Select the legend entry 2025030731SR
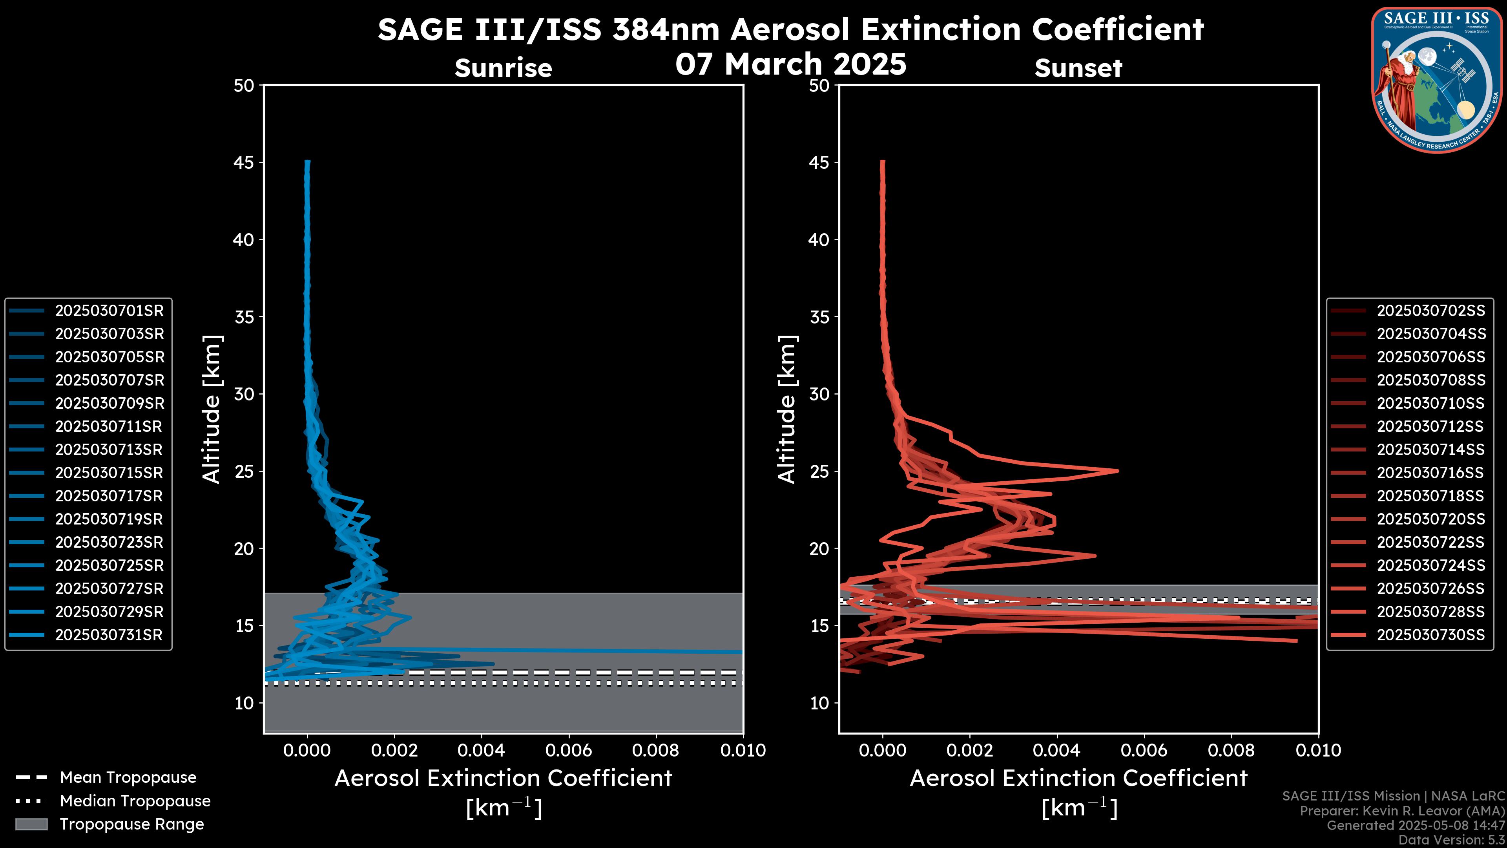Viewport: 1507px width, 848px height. [x=109, y=635]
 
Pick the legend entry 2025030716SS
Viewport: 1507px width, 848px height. [x=1430, y=473]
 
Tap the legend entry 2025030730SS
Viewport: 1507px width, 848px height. [x=1430, y=635]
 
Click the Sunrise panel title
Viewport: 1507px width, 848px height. [x=503, y=68]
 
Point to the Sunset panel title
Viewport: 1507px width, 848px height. [x=1078, y=68]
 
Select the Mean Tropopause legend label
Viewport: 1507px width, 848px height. [x=128, y=778]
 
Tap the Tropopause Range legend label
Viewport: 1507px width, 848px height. [x=131, y=824]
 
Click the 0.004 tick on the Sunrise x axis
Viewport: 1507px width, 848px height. [x=481, y=750]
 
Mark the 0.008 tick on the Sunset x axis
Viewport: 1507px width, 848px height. [x=1232, y=750]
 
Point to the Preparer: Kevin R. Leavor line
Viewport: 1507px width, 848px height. [x=1402, y=811]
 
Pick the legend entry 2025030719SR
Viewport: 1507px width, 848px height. [x=109, y=519]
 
